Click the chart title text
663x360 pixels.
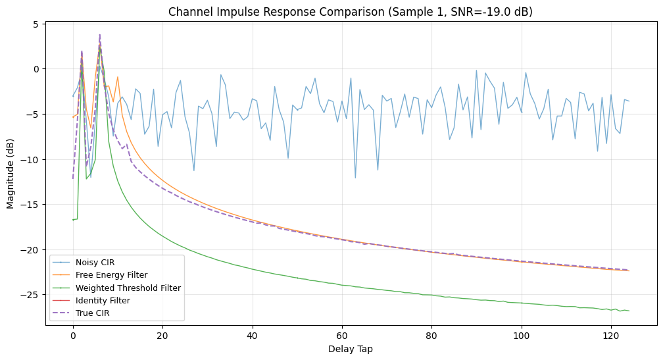(350, 11)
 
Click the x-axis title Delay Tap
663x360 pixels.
(350, 349)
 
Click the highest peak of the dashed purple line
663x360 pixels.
(100, 34)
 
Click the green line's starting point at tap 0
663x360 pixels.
(73, 220)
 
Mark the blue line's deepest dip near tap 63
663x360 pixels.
(355, 178)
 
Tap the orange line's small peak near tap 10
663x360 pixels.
(118, 77)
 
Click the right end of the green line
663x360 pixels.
(629, 311)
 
